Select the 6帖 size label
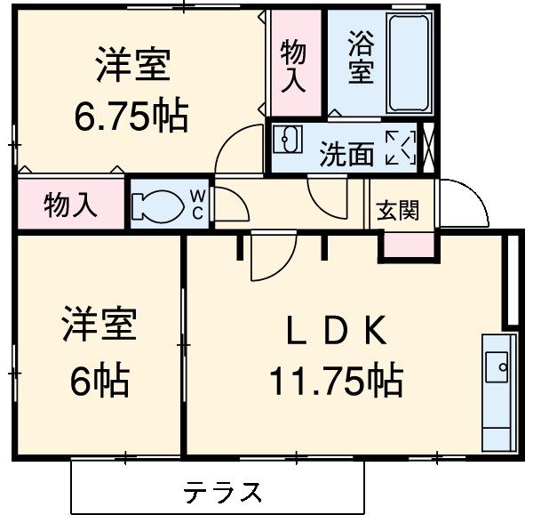[x=99, y=381]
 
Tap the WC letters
[x=197, y=205]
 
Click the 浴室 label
[x=361, y=58]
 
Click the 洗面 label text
[x=346, y=154]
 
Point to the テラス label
[x=223, y=492]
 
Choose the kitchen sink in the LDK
[x=498, y=363]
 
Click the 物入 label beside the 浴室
[x=294, y=66]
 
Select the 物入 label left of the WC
[x=70, y=206]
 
